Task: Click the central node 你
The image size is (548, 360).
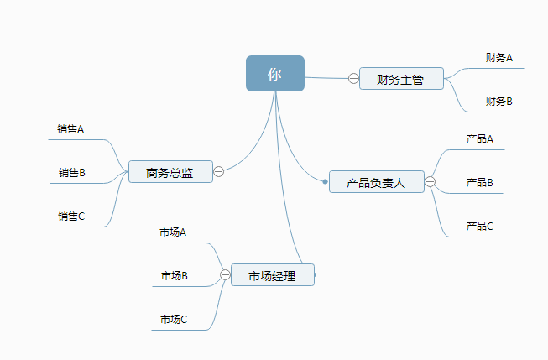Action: pyautogui.click(x=275, y=74)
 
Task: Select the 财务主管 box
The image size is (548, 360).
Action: pyautogui.click(x=401, y=80)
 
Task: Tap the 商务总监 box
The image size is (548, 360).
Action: pyautogui.click(x=170, y=173)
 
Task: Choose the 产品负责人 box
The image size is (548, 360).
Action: pyautogui.click(x=376, y=182)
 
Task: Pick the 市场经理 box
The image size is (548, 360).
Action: pyautogui.click(x=272, y=275)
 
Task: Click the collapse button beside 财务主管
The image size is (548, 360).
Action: pyautogui.click(x=353, y=79)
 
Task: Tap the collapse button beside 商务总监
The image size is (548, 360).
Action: pyautogui.click(x=218, y=172)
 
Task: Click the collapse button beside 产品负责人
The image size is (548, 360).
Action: pyautogui.click(x=431, y=182)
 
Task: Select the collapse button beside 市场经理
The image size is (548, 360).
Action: pyautogui.click(x=225, y=274)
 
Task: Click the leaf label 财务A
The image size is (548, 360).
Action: pyautogui.click(x=499, y=58)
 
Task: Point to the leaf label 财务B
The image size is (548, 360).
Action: pyautogui.click(x=499, y=102)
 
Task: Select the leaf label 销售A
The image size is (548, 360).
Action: pyautogui.click(x=70, y=129)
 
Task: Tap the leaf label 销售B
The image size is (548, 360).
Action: pyautogui.click(x=72, y=173)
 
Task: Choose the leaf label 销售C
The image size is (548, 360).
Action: pyautogui.click(x=71, y=216)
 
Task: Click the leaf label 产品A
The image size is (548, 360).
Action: pyautogui.click(x=480, y=138)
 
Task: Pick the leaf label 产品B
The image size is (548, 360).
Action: pyautogui.click(x=480, y=182)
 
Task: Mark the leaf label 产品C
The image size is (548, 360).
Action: pyautogui.click(x=480, y=226)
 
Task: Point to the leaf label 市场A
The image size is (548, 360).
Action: pyautogui.click(x=173, y=232)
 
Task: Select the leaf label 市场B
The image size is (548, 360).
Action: pyautogui.click(x=175, y=275)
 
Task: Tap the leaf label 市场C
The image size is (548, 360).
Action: pyautogui.click(x=174, y=319)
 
